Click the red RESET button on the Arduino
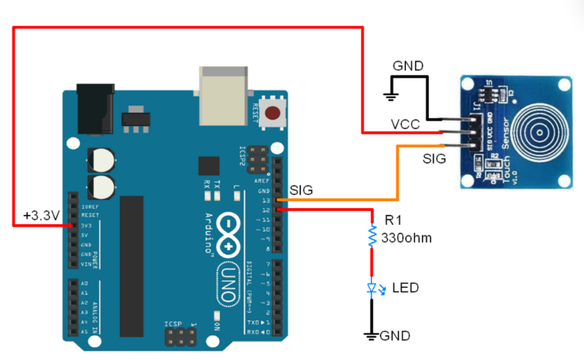click(x=275, y=112)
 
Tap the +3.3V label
click(x=41, y=216)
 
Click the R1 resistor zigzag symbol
click(x=372, y=235)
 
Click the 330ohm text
click(x=406, y=238)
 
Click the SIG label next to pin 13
click(x=301, y=191)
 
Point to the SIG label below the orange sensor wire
click(x=434, y=159)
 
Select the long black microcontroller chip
click(x=131, y=266)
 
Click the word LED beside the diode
click(x=405, y=288)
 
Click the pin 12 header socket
click(x=278, y=210)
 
